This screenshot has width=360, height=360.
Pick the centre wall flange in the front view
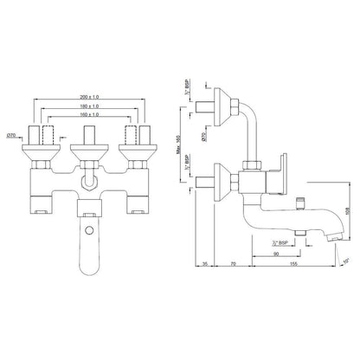[88, 153]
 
